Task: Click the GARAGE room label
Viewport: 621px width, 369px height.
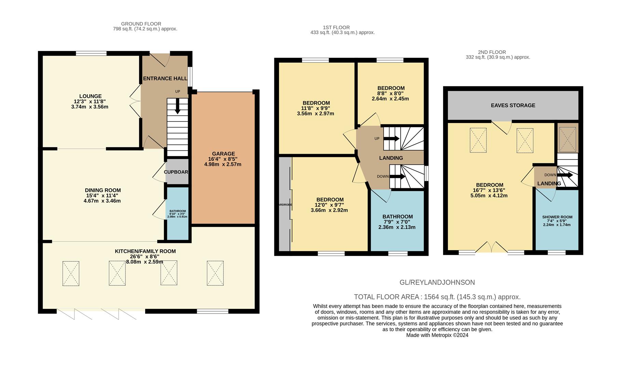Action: (223, 154)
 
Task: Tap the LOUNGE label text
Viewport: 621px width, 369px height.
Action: (91, 96)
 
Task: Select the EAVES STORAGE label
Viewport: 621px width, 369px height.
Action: (513, 105)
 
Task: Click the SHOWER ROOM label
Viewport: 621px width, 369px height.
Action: (557, 217)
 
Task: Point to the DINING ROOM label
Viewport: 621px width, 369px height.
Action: (103, 190)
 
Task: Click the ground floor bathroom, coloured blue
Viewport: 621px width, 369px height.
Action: (178, 213)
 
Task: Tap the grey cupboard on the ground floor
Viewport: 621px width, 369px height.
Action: (177, 172)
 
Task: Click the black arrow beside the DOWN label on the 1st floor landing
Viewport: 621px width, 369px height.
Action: (397, 177)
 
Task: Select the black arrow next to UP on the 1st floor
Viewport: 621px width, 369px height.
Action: (391, 138)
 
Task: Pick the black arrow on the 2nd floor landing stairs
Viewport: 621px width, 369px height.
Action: (565, 175)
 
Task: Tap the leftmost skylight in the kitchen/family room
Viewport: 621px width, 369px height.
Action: (71, 273)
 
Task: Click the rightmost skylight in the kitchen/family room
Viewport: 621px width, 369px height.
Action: (215, 273)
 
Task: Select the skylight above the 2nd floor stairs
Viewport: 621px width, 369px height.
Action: (567, 139)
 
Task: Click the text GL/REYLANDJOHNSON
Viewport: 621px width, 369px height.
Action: (437, 283)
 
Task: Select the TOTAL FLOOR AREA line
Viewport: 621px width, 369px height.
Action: (437, 297)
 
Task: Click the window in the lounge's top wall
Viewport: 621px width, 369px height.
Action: (91, 53)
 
